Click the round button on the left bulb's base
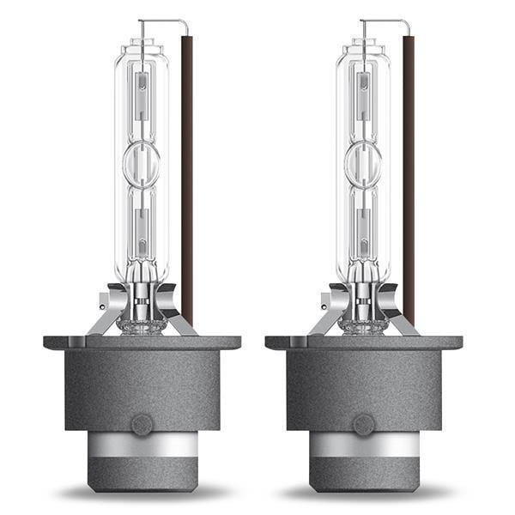[142, 423]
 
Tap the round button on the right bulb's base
[363, 423]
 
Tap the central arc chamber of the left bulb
[142, 163]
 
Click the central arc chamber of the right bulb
[363, 163]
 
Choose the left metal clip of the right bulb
[330, 313]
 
